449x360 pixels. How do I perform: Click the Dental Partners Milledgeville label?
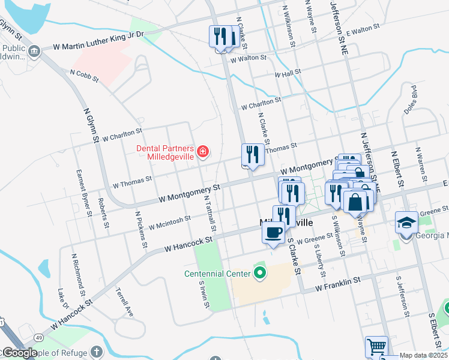(x=164, y=152)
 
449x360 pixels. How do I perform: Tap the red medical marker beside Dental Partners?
(x=203, y=151)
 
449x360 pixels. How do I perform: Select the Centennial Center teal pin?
(x=259, y=274)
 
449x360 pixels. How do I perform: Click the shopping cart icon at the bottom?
(x=376, y=347)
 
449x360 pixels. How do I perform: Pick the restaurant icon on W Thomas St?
(x=253, y=155)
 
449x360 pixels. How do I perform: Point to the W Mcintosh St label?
(x=169, y=223)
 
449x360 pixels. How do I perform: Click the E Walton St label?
(x=363, y=29)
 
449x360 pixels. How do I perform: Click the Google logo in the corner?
(x=19, y=353)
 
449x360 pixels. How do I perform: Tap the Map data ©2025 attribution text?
(x=423, y=355)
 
